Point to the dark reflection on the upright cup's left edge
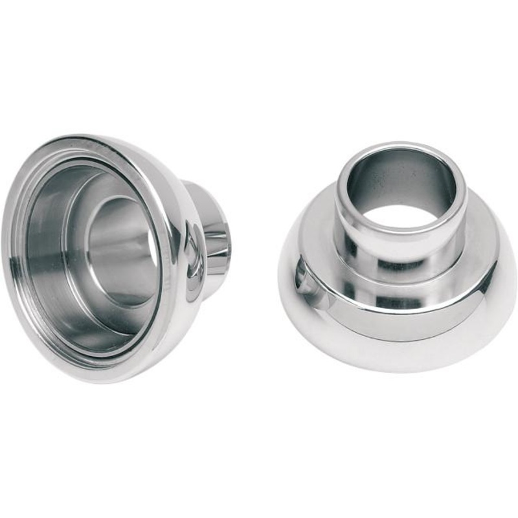tap(302, 278)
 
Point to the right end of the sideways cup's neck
tap(223, 240)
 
